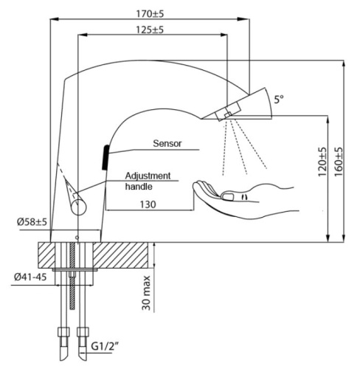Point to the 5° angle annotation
[x=278, y=97]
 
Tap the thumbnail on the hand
[x=229, y=196]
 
